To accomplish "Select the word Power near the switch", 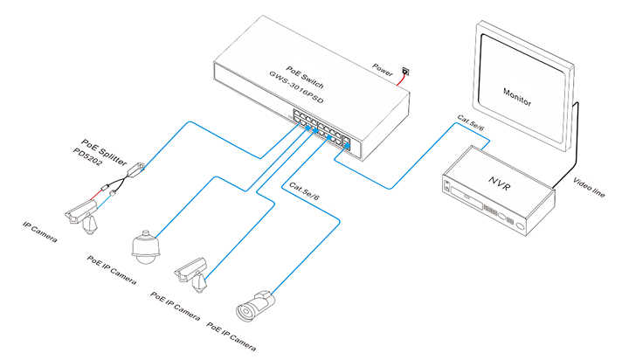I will tap(383, 66).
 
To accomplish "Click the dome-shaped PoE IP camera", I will tap(145, 247).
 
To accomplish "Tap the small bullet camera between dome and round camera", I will tap(193, 272).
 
